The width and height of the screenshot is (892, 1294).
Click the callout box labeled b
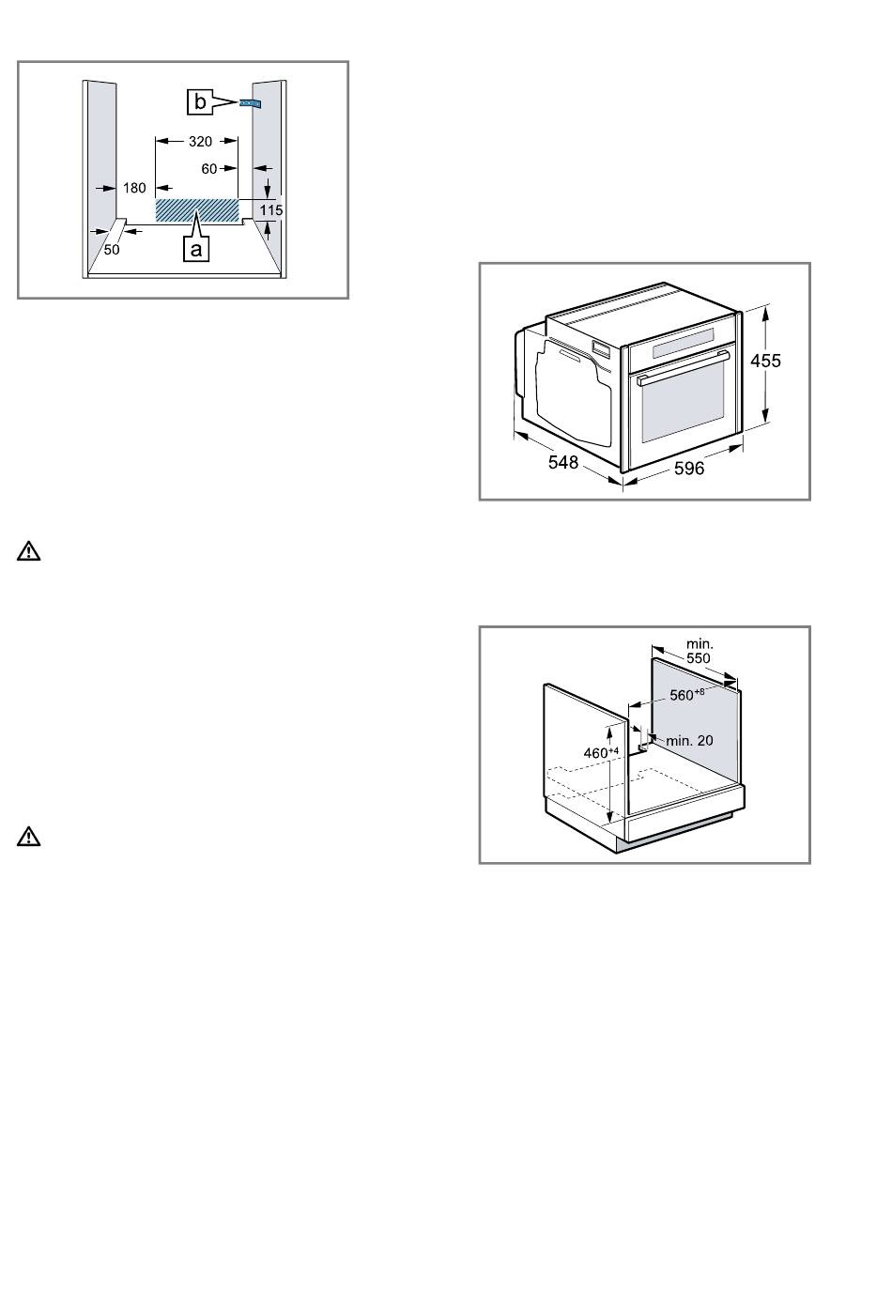click(199, 102)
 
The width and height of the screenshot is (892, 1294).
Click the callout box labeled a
click(196, 250)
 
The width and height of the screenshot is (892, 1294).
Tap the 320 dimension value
click(200, 142)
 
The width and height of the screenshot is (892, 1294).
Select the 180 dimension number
click(134, 188)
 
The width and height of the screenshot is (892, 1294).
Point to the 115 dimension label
click(271, 209)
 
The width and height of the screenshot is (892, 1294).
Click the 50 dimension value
click(112, 250)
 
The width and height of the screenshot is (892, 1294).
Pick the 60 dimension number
click(209, 169)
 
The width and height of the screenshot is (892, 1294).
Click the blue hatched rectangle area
click(197, 210)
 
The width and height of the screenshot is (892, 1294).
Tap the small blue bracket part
click(250, 103)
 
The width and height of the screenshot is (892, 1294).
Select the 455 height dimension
click(765, 361)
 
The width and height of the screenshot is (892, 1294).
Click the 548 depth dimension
click(563, 462)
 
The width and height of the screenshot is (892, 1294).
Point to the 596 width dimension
click(689, 468)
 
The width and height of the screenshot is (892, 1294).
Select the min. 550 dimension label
click(699, 651)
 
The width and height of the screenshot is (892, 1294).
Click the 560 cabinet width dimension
click(686, 695)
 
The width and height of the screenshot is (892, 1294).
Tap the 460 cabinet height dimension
click(601, 753)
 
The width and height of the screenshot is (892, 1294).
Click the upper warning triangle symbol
click(29, 551)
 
